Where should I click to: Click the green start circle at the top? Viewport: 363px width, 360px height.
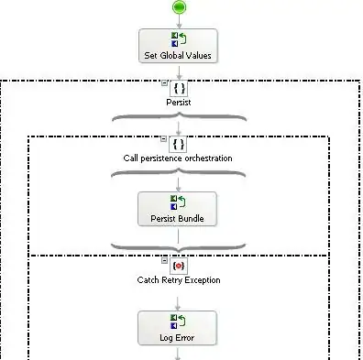pos(179,7)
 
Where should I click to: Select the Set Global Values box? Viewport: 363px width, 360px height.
pos(178,46)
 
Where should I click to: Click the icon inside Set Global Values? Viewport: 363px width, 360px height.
pos(179,39)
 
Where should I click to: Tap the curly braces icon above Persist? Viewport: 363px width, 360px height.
pos(179,89)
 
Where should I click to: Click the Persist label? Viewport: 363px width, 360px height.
pos(179,103)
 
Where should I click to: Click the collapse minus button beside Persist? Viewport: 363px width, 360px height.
pos(164,82)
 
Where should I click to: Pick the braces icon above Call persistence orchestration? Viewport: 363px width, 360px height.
pos(179,144)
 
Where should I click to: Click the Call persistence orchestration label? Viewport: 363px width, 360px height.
pos(178,158)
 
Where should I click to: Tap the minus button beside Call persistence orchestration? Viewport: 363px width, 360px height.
pos(164,139)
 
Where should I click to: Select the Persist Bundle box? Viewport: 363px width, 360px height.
pos(177,209)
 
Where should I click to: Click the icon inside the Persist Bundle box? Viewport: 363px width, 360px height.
pos(178,202)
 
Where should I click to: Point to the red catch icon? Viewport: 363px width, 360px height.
pos(179,266)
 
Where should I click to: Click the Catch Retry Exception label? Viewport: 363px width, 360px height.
pos(179,280)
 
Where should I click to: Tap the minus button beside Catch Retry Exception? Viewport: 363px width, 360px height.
pos(164,260)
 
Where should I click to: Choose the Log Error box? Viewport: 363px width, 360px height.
pos(177,328)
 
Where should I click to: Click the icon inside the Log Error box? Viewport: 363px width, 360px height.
pos(178,322)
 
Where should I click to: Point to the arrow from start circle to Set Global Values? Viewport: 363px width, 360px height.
pos(179,21)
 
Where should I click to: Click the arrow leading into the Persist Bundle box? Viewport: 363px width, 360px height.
pos(178,185)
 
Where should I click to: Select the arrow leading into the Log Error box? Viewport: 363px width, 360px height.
pos(178,304)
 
